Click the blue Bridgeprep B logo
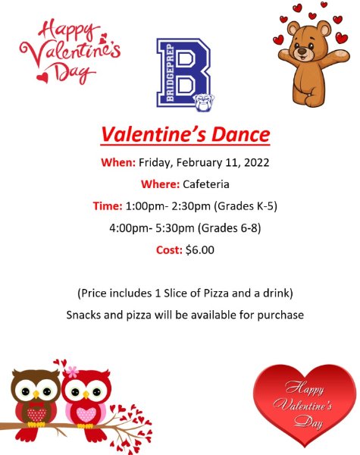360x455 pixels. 183,74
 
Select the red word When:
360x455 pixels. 118,162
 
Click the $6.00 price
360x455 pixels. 200,249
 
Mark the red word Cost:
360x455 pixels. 165,249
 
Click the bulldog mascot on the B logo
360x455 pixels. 202,102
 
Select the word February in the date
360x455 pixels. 198,162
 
